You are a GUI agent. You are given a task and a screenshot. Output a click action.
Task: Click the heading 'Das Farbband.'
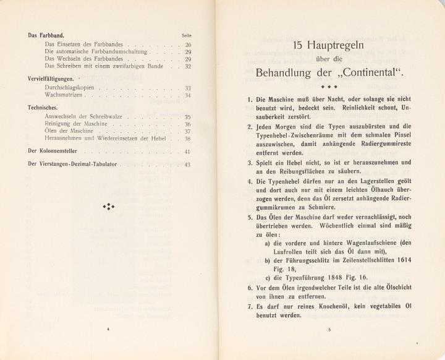[48, 36]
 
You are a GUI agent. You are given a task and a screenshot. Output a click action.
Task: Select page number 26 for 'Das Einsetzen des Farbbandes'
[188, 45]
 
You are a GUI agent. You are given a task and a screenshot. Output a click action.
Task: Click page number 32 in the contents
[188, 66]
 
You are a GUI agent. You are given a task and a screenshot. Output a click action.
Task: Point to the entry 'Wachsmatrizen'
[65, 96]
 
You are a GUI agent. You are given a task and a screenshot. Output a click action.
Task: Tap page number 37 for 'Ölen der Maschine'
[188, 132]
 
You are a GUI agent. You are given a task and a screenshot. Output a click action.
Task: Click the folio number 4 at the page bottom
[109, 330]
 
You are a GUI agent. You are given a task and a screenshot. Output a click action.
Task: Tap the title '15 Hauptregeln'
[329, 46]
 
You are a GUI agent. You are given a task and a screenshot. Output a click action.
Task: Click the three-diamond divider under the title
[329, 87]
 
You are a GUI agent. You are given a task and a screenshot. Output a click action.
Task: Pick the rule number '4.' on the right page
[250, 182]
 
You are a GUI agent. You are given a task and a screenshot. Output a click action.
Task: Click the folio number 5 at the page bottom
[329, 330]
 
